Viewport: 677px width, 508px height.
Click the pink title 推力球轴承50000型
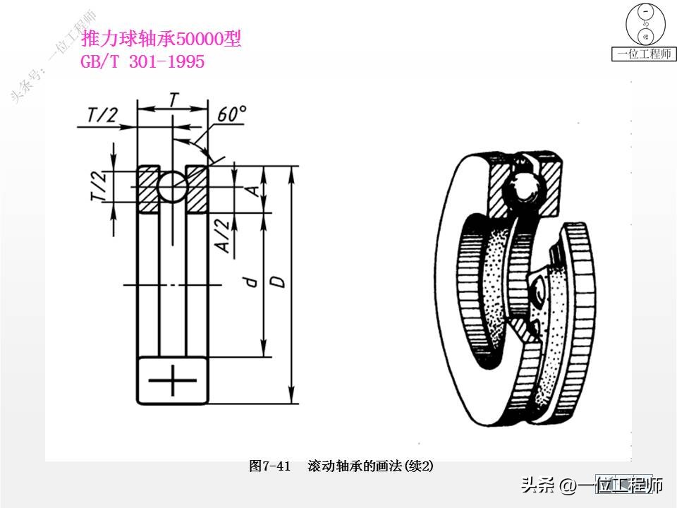pos(161,40)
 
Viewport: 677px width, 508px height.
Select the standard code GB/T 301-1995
pos(143,62)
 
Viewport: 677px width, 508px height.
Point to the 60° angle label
pos(233,114)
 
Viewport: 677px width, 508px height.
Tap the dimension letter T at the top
pos(173,99)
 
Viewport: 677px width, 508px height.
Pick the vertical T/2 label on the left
pos(99,186)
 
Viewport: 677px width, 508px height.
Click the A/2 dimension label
pos(221,235)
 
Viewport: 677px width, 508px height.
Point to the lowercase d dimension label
pos(249,282)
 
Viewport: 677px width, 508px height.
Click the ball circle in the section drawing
pos(173,187)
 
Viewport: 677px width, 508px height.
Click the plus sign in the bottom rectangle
pos(173,381)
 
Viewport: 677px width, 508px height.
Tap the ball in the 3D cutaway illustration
pos(524,187)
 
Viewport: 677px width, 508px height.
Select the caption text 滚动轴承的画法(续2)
pos(370,466)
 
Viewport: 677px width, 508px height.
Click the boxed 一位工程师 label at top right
pos(643,54)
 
